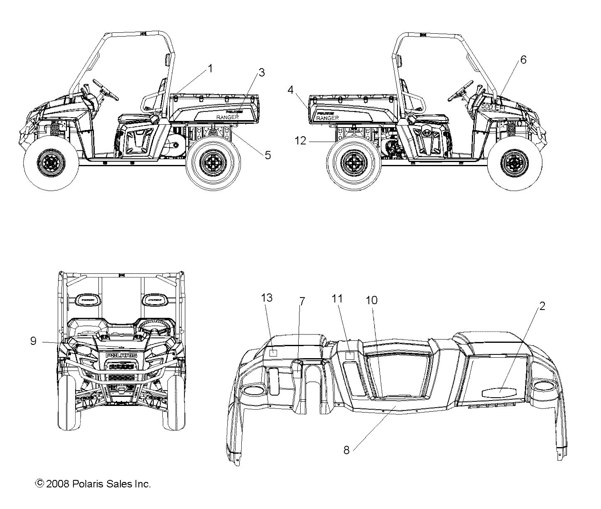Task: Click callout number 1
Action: coord(210,69)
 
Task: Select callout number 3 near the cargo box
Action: coord(261,72)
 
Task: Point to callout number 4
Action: coord(290,89)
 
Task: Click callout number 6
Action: coord(523,60)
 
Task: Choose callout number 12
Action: coord(300,141)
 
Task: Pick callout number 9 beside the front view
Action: coord(33,341)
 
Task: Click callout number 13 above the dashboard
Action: coord(267,298)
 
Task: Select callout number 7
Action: coord(302,301)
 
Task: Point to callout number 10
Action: coord(371,300)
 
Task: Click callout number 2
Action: coord(542,306)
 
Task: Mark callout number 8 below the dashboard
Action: coord(346,450)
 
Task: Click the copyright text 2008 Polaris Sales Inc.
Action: coord(93,484)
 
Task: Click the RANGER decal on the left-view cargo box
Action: coord(228,118)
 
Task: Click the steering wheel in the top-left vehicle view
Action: coord(105,88)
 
